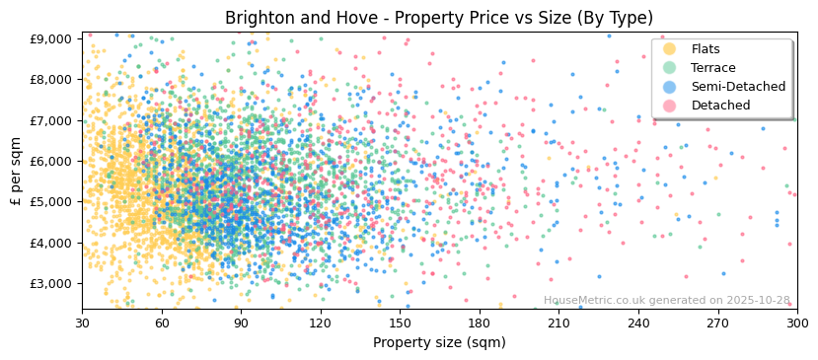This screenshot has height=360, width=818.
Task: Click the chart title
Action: (x=439, y=18)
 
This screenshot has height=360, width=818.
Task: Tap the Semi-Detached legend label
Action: (x=738, y=87)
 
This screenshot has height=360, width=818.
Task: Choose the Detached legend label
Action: (x=720, y=106)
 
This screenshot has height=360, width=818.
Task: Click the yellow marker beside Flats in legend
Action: (x=669, y=49)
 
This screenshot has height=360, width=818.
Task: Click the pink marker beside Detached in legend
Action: (x=669, y=106)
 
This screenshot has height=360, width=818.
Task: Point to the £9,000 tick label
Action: (x=50, y=38)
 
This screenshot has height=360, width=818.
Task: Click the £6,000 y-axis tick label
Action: (x=50, y=161)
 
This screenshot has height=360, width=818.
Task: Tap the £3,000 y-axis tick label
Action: (x=50, y=283)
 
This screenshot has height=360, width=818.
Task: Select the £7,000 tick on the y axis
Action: (x=50, y=120)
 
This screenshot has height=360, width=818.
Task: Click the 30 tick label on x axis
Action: (x=82, y=323)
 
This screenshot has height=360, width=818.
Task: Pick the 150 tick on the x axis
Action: (x=400, y=323)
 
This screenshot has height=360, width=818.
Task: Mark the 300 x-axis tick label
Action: (x=797, y=323)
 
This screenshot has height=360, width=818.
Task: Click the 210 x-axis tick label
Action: (x=558, y=323)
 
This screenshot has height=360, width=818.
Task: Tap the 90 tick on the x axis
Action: (x=241, y=323)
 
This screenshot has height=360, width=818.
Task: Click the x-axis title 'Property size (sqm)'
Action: (x=439, y=342)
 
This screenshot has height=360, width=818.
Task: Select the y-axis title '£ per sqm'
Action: (x=17, y=172)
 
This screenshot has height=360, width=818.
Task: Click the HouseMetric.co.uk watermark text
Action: (x=667, y=300)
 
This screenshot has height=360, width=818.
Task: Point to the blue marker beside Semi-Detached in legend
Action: (x=669, y=87)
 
